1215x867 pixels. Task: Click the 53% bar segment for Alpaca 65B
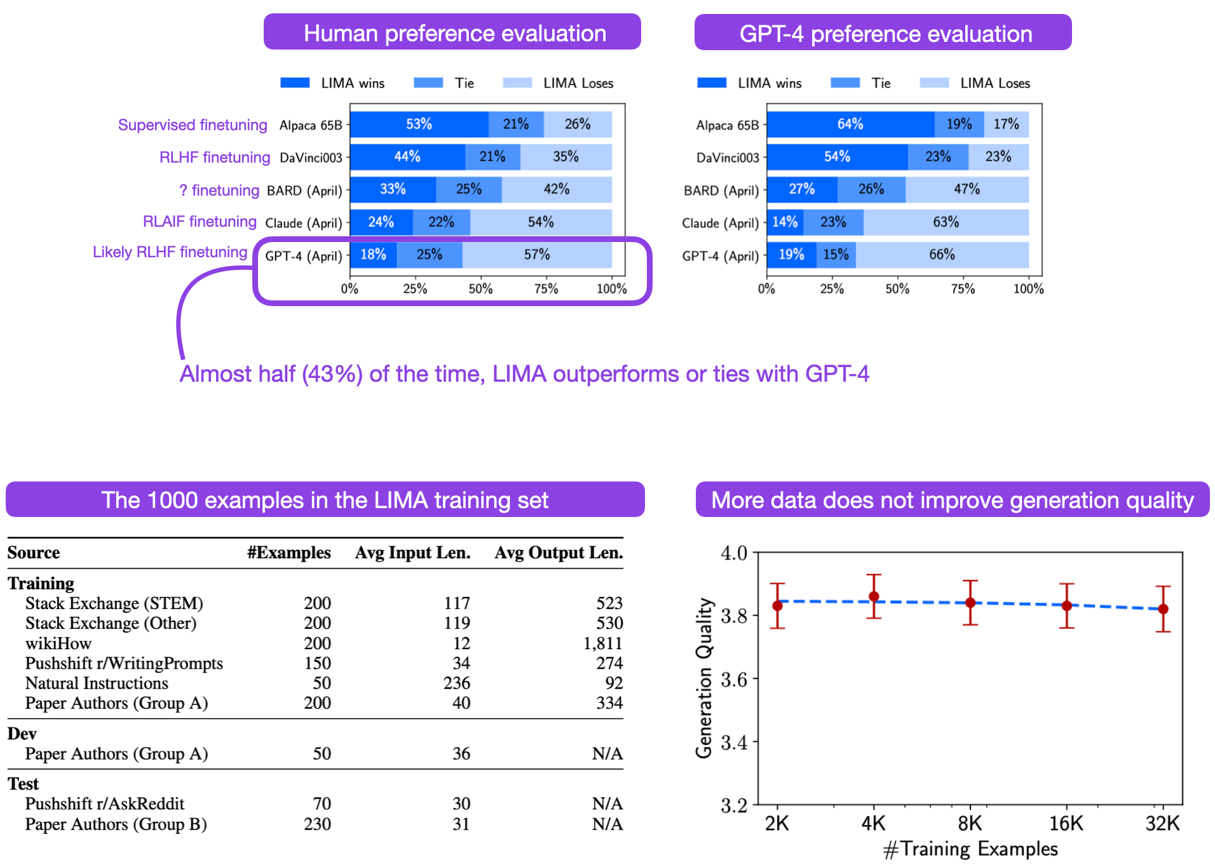419,124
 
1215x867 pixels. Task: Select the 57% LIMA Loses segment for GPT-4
537,255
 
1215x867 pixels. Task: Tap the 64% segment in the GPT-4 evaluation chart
850,124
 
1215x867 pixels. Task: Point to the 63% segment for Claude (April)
946,222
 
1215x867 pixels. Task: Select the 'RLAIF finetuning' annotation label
200,222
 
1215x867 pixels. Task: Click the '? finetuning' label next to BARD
219,191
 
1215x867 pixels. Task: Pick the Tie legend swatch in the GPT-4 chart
845,83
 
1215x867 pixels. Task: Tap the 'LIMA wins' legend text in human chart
353,83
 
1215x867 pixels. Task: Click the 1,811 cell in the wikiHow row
602,643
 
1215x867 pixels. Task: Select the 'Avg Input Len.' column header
412,553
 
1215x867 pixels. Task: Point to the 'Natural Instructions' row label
97,683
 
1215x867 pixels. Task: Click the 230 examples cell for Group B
317,824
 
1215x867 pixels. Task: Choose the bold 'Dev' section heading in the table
22,734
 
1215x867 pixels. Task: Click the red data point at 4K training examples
874,596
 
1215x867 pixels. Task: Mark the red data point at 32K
1163,608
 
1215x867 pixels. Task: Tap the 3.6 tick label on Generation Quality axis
734,680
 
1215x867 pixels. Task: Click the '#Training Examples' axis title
970,849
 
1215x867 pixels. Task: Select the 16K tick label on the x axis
1066,824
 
